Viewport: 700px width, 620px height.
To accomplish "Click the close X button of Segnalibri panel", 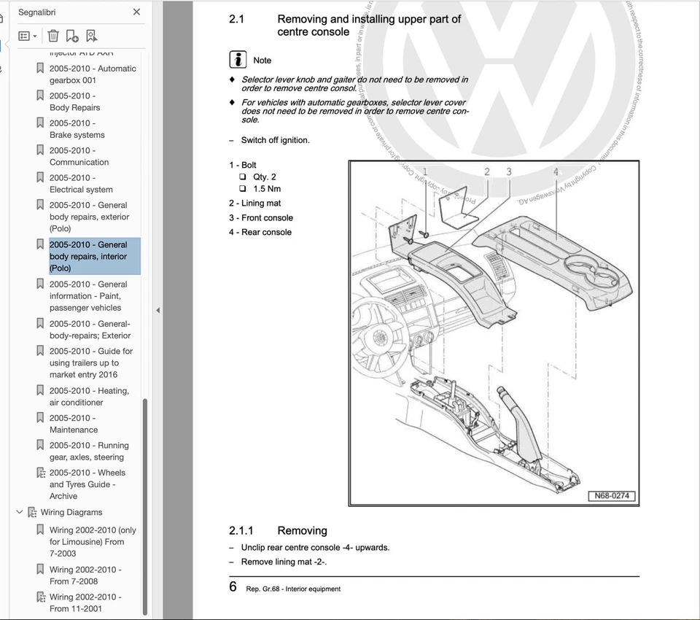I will [136, 12].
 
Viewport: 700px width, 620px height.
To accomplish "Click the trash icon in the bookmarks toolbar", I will [53, 36].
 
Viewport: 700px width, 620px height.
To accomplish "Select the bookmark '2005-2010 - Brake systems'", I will [77, 129].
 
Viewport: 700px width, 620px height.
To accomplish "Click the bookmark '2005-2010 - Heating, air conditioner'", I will [88, 397].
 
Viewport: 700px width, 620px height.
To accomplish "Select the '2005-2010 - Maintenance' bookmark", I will [73, 424].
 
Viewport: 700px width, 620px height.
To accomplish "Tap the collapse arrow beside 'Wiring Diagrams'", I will [20, 512].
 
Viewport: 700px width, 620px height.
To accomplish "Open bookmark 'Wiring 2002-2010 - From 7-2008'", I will [85, 576].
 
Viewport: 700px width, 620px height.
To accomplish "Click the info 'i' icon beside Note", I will [238, 60].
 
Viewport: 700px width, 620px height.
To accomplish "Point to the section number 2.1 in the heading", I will [237, 20].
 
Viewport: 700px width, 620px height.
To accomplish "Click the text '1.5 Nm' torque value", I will [267, 189].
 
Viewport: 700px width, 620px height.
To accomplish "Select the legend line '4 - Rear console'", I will [260, 232].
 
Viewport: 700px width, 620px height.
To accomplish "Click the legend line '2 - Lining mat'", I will [254, 204].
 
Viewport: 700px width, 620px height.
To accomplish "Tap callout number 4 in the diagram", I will [556, 172].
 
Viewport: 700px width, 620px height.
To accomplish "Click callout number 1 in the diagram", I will [425, 172].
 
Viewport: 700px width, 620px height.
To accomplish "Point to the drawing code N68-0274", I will [612, 496].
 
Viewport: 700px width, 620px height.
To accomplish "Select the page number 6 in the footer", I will [233, 586].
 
